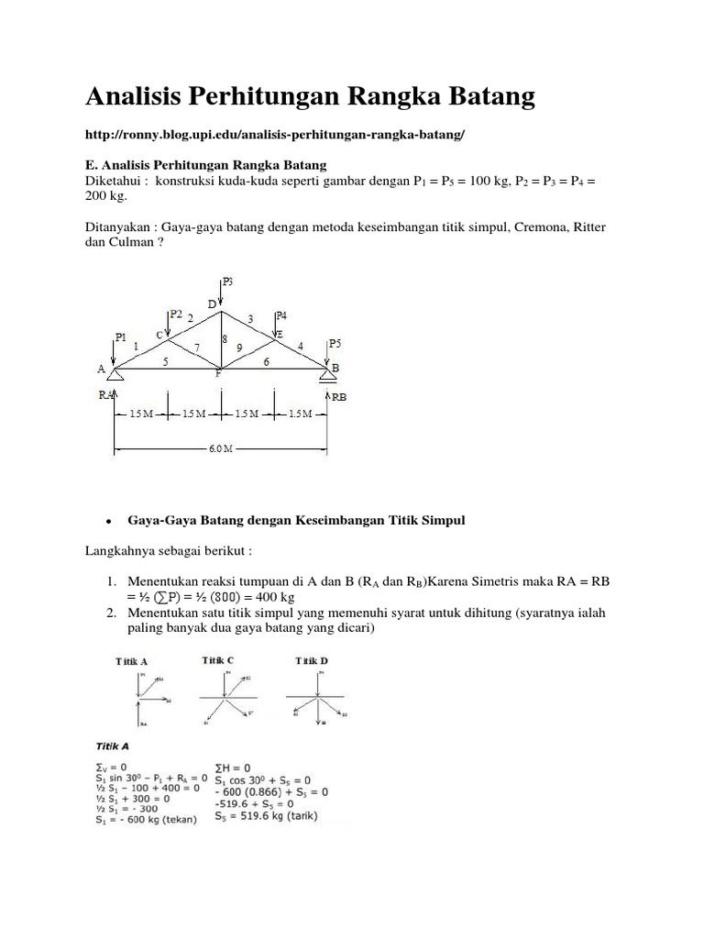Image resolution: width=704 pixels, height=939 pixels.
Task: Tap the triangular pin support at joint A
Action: click(115, 374)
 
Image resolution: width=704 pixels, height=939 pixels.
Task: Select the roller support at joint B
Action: click(326, 372)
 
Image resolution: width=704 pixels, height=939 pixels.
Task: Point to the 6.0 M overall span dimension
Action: click(221, 449)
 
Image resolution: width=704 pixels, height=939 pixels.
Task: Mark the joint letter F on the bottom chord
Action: click(219, 374)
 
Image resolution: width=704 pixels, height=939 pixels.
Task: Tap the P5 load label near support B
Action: click(337, 344)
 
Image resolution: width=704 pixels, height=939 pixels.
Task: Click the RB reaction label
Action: click(338, 397)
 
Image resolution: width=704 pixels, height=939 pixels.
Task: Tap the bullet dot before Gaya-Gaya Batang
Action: click(109, 521)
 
